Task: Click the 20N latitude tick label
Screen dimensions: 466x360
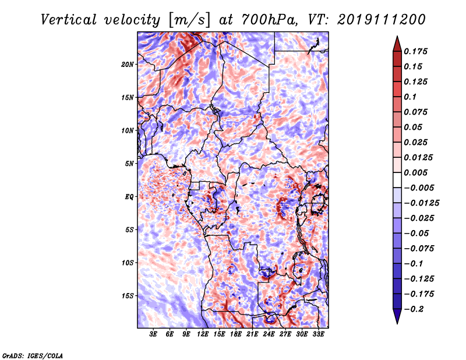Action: [x=128, y=65]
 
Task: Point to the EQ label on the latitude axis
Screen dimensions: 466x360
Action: [x=129, y=197]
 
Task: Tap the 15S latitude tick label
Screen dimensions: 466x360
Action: [x=128, y=296]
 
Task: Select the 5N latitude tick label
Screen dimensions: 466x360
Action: [x=129, y=164]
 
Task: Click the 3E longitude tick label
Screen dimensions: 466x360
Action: [x=153, y=334]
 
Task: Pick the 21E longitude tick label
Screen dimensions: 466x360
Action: [x=252, y=334]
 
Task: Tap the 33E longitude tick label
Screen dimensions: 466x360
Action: [x=318, y=334]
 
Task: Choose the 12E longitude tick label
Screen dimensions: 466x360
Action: [x=202, y=334]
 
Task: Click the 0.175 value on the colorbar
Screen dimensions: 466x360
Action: [x=415, y=51]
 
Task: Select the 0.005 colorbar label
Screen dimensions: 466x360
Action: [x=415, y=172]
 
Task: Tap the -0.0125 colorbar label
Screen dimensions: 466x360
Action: [x=421, y=203]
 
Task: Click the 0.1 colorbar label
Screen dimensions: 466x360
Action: [x=410, y=97]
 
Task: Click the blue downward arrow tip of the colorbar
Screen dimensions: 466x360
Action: [x=397, y=323]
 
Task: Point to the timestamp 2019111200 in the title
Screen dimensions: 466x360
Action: [x=382, y=20]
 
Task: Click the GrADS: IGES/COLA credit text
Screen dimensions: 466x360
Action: [x=33, y=355]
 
